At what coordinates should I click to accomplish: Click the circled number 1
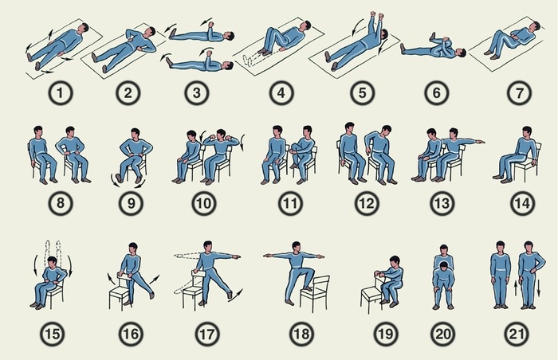pos(60,93)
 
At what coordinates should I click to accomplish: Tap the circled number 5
pos(362,93)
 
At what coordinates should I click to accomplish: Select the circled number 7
pos(519,93)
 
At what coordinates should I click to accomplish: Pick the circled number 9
pos(132,203)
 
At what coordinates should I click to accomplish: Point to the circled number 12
pos(367,203)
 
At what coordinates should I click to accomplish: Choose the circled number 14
pos(522,203)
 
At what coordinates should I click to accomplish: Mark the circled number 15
pos(53,334)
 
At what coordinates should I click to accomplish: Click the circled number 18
pos(301,334)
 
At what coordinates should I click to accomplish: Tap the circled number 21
pos(517,334)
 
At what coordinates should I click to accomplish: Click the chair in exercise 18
pos(316,292)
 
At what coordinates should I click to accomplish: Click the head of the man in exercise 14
pos(527,131)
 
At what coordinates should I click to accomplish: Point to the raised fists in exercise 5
pos(377,16)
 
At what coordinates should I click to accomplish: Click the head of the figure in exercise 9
pos(136,133)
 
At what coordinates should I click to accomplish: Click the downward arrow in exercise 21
pos(538,288)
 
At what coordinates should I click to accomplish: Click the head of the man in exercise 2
pos(150,31)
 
